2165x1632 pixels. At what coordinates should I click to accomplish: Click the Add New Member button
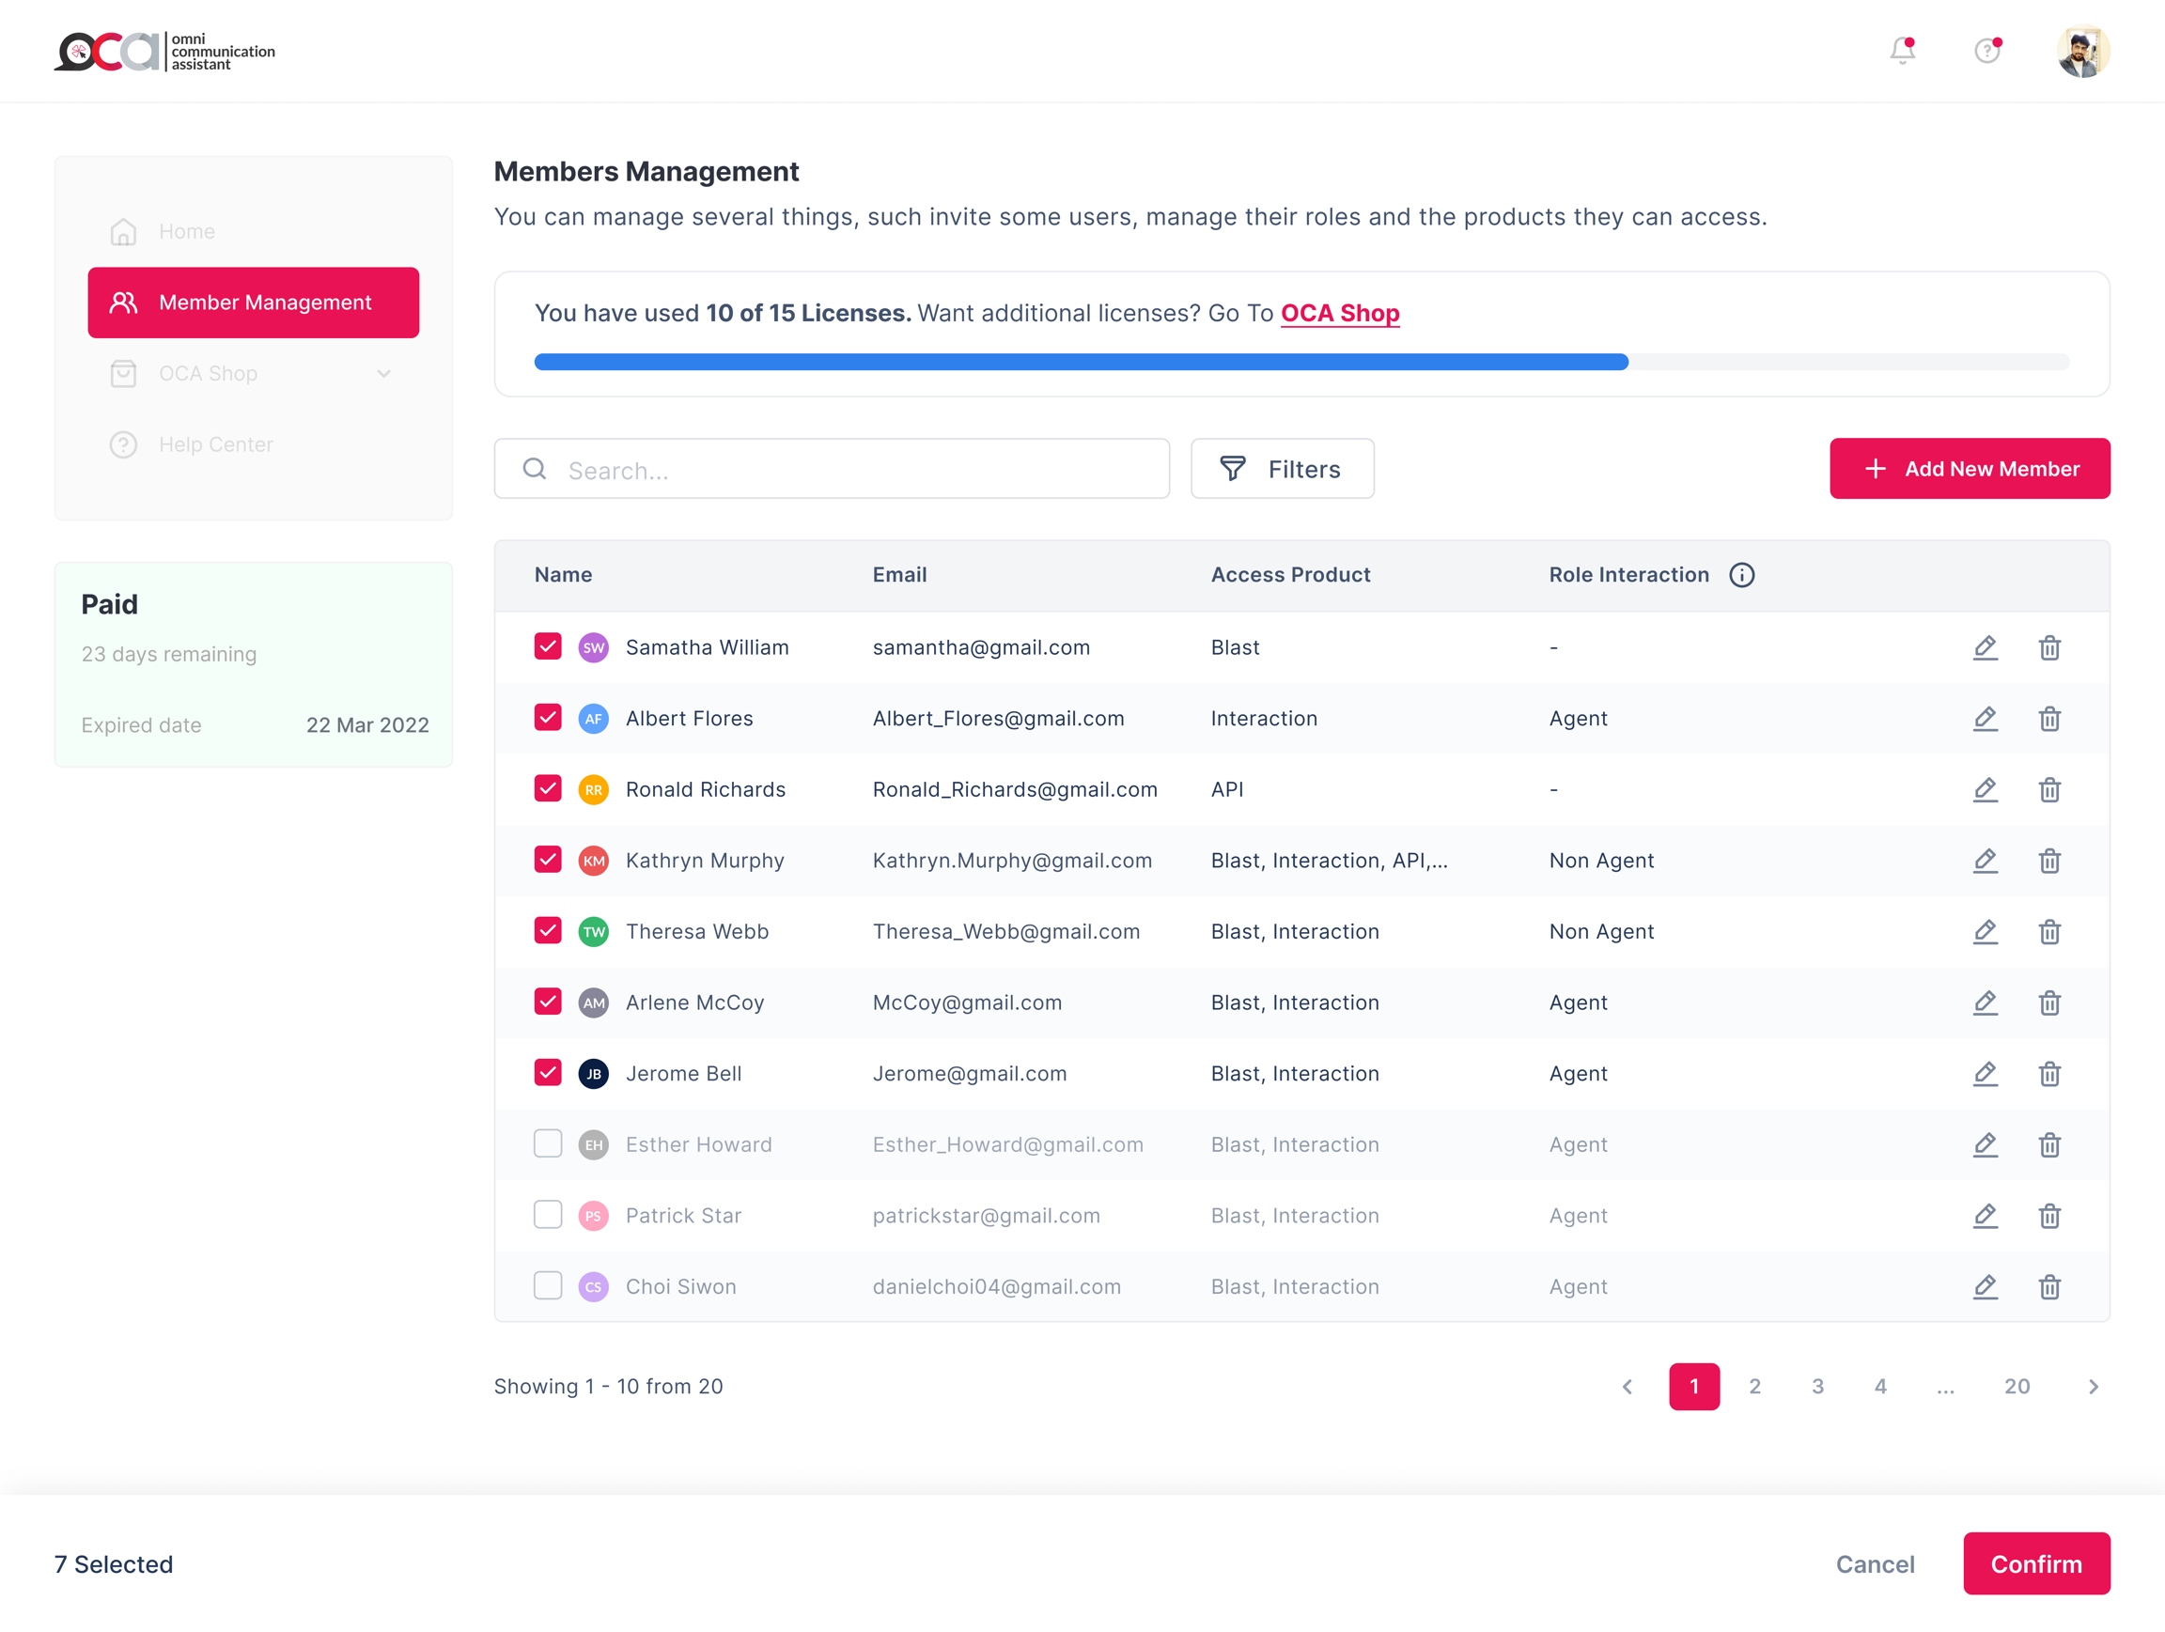tap(1969, 469)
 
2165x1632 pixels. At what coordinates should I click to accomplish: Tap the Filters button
tap(1281, 469)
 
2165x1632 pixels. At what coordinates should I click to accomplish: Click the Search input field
tap(832, 470)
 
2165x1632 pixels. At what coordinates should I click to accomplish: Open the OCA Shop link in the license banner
tap(1339, 313)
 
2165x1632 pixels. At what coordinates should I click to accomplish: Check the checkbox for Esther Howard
tap(548, 1143)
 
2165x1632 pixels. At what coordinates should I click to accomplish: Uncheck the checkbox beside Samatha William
tap(548, 646)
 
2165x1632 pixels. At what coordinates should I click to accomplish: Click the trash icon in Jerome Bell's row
tap(2048, 1074)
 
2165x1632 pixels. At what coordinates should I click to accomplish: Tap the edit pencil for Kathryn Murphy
tap(1984, 861)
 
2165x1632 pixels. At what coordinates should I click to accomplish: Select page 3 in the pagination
tap(1816, 1386)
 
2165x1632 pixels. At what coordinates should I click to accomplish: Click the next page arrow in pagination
tap(2093, 1386)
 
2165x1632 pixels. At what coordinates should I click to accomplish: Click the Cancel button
tap(1875, 1563)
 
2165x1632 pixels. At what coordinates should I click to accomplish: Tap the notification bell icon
tap(1902, 51)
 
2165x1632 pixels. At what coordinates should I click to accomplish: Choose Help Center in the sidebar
tap(215, 444)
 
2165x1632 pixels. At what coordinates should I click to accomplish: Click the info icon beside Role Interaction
tap(1741, 575)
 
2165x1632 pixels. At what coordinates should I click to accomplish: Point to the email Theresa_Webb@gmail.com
tap(1006, 931)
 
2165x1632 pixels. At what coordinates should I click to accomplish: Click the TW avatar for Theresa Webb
tap(593, 931)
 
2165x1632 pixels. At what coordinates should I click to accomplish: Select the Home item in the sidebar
tap(186, 232)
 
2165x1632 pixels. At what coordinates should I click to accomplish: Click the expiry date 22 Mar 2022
tap(367, 725)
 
